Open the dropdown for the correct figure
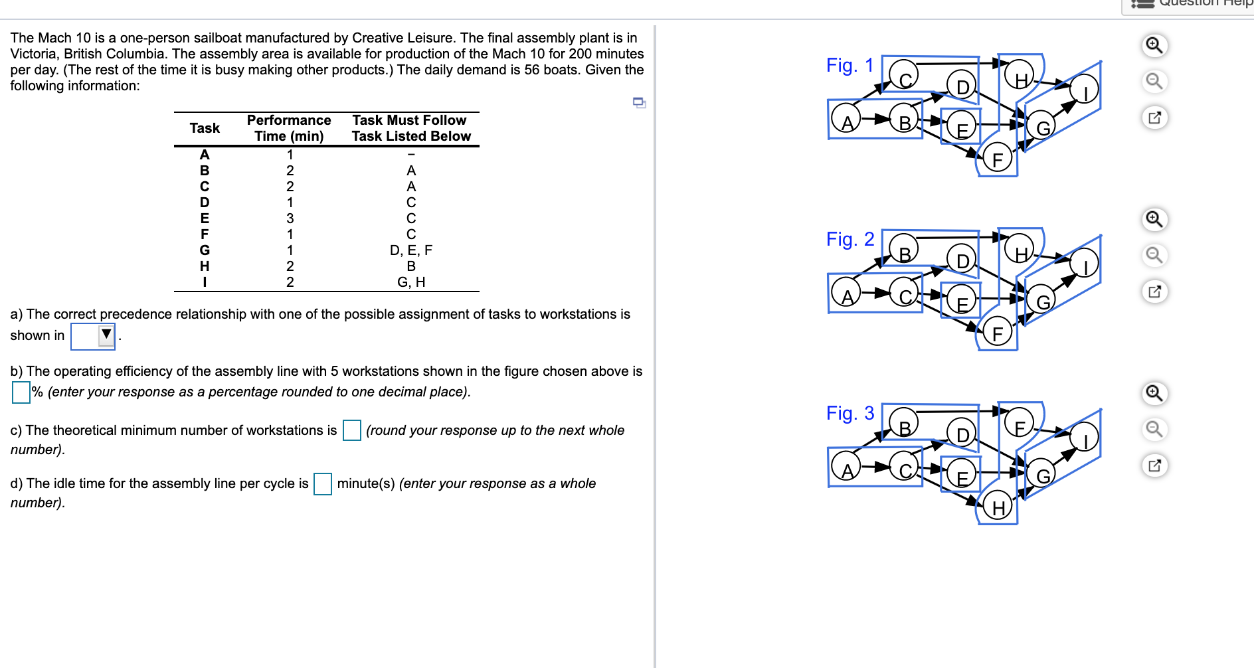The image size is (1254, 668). [94, 336]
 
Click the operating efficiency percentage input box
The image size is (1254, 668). [21, 392]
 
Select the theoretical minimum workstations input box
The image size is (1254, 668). [351, 430]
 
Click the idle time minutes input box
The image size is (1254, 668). [323, 483]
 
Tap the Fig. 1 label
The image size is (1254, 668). [850, 65]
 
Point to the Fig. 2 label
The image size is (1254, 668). [850, 239]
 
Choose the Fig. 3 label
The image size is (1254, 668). [850, 413]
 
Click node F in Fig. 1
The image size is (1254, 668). [997, 159]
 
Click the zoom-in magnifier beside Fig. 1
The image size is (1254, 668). [1154, 46]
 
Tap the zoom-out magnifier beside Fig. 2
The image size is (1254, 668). [1154, 255]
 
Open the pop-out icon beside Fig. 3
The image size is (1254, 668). [1154, 465]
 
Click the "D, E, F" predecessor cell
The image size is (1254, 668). [410, 250]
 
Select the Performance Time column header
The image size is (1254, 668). [289, 128]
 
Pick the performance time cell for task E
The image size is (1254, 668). [290, 218]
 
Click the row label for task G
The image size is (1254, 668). [205, 250]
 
